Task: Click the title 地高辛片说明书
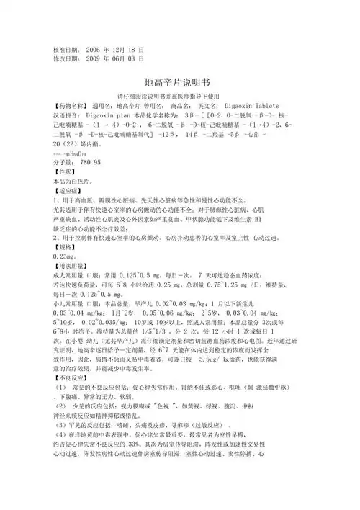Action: click(179, 83)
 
